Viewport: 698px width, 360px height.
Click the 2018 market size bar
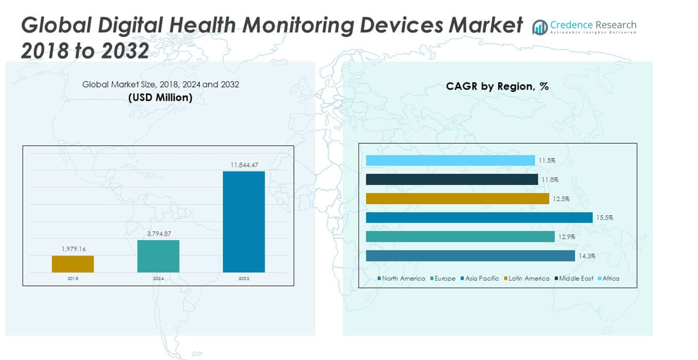point(73,264)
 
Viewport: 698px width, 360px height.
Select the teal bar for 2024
point(158,256)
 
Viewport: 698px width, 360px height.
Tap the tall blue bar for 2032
point(244,222)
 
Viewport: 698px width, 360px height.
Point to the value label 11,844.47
point(244,165)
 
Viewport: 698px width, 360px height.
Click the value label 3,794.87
point(158,234)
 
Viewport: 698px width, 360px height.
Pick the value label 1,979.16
point(74,249)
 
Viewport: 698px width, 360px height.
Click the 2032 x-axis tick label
point(244,278)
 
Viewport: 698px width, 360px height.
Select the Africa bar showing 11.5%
point(450,161)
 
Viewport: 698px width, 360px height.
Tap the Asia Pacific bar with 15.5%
point(479,218)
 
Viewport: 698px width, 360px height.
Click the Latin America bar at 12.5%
point(457,199)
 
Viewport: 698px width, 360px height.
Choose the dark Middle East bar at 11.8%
point(452,180)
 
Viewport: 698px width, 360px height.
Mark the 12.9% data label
point(566,237)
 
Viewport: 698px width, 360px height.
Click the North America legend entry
point(401,279)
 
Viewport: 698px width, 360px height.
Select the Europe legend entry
point(443,279)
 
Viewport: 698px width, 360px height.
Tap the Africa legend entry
point(608,279)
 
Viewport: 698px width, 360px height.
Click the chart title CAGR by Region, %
point(497,87)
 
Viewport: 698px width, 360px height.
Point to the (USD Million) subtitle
point(160,98)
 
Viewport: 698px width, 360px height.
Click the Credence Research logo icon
point(540,27)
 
